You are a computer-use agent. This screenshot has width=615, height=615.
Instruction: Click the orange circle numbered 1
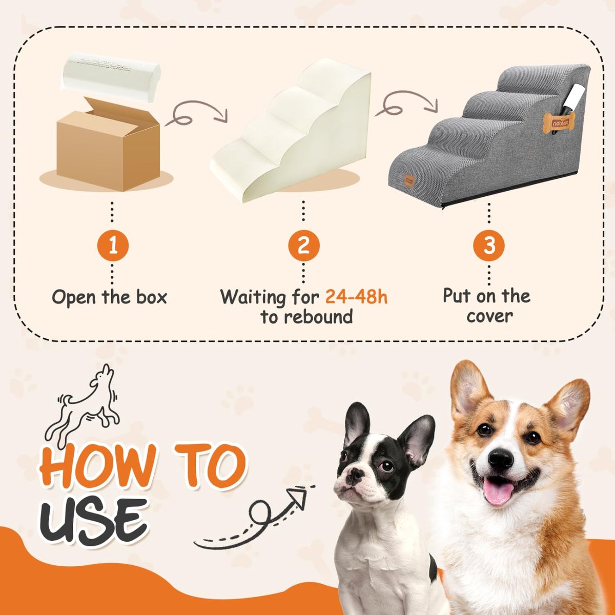(x=113, y=246)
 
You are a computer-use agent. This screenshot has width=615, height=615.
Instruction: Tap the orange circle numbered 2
(x=303, y=246)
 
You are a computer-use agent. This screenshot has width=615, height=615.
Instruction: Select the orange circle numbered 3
(x=488, y=245)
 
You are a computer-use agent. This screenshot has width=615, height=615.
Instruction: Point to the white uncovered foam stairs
(x=291, y=132)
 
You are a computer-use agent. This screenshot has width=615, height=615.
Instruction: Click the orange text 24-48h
(x=356, y=297)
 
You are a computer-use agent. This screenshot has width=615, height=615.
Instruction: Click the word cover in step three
(x=489, y=317)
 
